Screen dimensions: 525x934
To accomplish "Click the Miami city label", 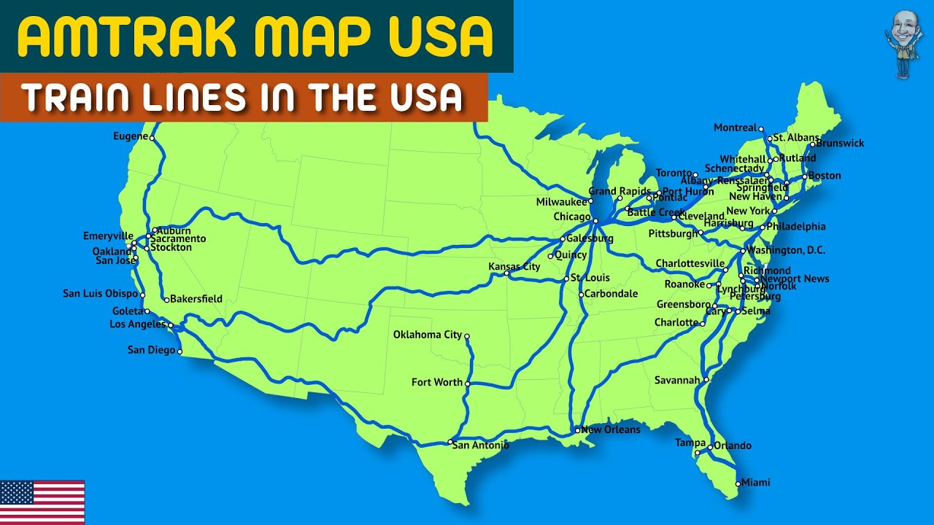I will point(755,483).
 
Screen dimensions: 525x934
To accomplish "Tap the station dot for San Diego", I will point(180,352).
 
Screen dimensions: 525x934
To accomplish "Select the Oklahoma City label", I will point(428,335).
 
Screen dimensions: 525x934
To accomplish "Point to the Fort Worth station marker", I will point(468,384).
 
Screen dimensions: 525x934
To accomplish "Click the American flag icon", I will point(42,502).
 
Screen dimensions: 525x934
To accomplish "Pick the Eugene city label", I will point(131,136).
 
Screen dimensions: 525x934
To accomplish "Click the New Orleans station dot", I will point(577,430).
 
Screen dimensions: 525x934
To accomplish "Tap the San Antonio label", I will point(480,445).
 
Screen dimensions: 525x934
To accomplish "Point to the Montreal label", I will point(735,128).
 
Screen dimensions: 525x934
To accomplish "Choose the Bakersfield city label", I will point(196,299).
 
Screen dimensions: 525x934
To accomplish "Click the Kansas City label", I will point(514,267).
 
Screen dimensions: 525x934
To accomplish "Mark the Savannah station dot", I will point(706,379).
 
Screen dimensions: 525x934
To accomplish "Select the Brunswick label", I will point(840,143).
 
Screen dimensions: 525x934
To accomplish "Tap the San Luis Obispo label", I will point(100,294).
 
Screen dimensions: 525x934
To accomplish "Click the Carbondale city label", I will point(611,294).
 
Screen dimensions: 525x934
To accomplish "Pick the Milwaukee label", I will point(561,202).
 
